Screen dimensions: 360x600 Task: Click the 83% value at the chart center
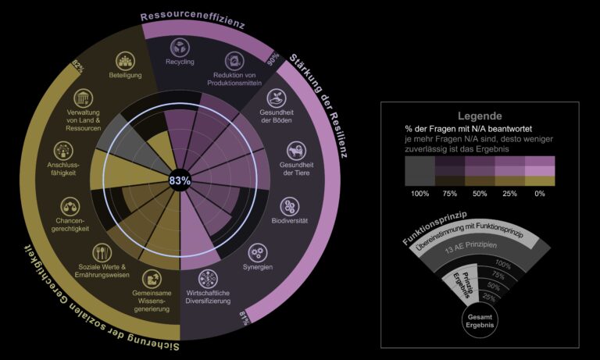tap(180, 180)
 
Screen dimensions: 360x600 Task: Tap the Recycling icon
tap(180, 46)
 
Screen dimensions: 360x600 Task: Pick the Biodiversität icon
tap(291, 206)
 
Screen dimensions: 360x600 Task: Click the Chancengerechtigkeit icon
tap(71, 206)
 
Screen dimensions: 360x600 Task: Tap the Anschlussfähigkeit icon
tap(64, 151)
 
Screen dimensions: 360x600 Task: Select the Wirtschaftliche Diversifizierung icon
tap(208, 279)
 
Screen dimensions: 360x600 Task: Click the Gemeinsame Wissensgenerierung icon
tap(151, 278)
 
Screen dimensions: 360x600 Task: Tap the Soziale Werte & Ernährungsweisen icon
tap(103, 252)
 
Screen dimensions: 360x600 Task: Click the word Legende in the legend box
tap(479, 116)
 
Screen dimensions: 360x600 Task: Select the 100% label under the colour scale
tap(420, 192)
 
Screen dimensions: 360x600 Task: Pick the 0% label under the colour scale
tap(540, 192)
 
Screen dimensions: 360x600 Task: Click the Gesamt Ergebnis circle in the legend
tap(479, 319)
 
